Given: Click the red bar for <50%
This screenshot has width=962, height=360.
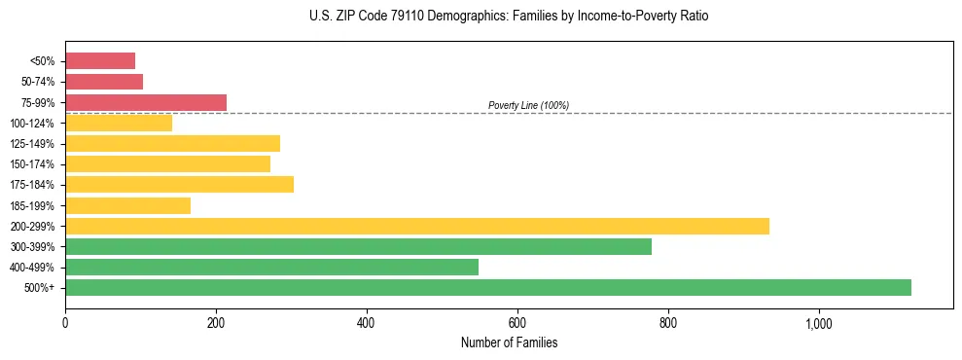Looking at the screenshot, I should [100, 61].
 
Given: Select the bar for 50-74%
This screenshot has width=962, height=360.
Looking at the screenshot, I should [104, 82].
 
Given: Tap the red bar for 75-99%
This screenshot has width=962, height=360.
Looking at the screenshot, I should [146, 102].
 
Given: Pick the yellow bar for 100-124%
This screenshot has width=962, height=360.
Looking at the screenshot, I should [119, 123].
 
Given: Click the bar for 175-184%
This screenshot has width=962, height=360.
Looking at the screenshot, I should [179, 185].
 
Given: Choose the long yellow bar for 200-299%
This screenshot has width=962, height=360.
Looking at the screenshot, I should [417, 226].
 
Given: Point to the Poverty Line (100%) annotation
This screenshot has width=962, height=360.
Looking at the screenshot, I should [528, 105].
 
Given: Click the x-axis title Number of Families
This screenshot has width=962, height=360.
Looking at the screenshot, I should [509, 342].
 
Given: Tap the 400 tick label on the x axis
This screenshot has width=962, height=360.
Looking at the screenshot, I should [367, 323].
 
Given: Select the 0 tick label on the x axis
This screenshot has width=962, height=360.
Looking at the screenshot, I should [65, 323].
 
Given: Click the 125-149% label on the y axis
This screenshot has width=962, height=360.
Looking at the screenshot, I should [32, 144].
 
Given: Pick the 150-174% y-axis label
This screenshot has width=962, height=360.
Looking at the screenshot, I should [32, 164].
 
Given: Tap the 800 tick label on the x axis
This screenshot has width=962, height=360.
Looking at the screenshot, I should [668, 323].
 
